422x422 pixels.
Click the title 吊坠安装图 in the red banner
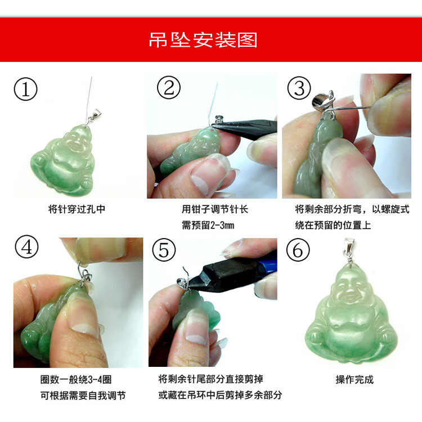point(203,40)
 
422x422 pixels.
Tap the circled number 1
point(25,89)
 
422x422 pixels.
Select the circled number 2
point(169,87)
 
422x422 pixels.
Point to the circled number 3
point(299,88)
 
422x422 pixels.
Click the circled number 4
point(26,246)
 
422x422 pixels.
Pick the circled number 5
point(164,250)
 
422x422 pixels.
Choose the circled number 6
point(298,250)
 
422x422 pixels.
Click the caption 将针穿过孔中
point(77,209)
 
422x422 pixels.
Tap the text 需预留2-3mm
point(208,225)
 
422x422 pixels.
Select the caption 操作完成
point(354,379)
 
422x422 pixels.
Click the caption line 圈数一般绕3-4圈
point(76,379)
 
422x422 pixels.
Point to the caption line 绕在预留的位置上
point(333,225)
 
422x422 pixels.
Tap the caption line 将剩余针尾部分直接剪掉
point(211,379)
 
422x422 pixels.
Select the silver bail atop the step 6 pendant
point(350,249)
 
